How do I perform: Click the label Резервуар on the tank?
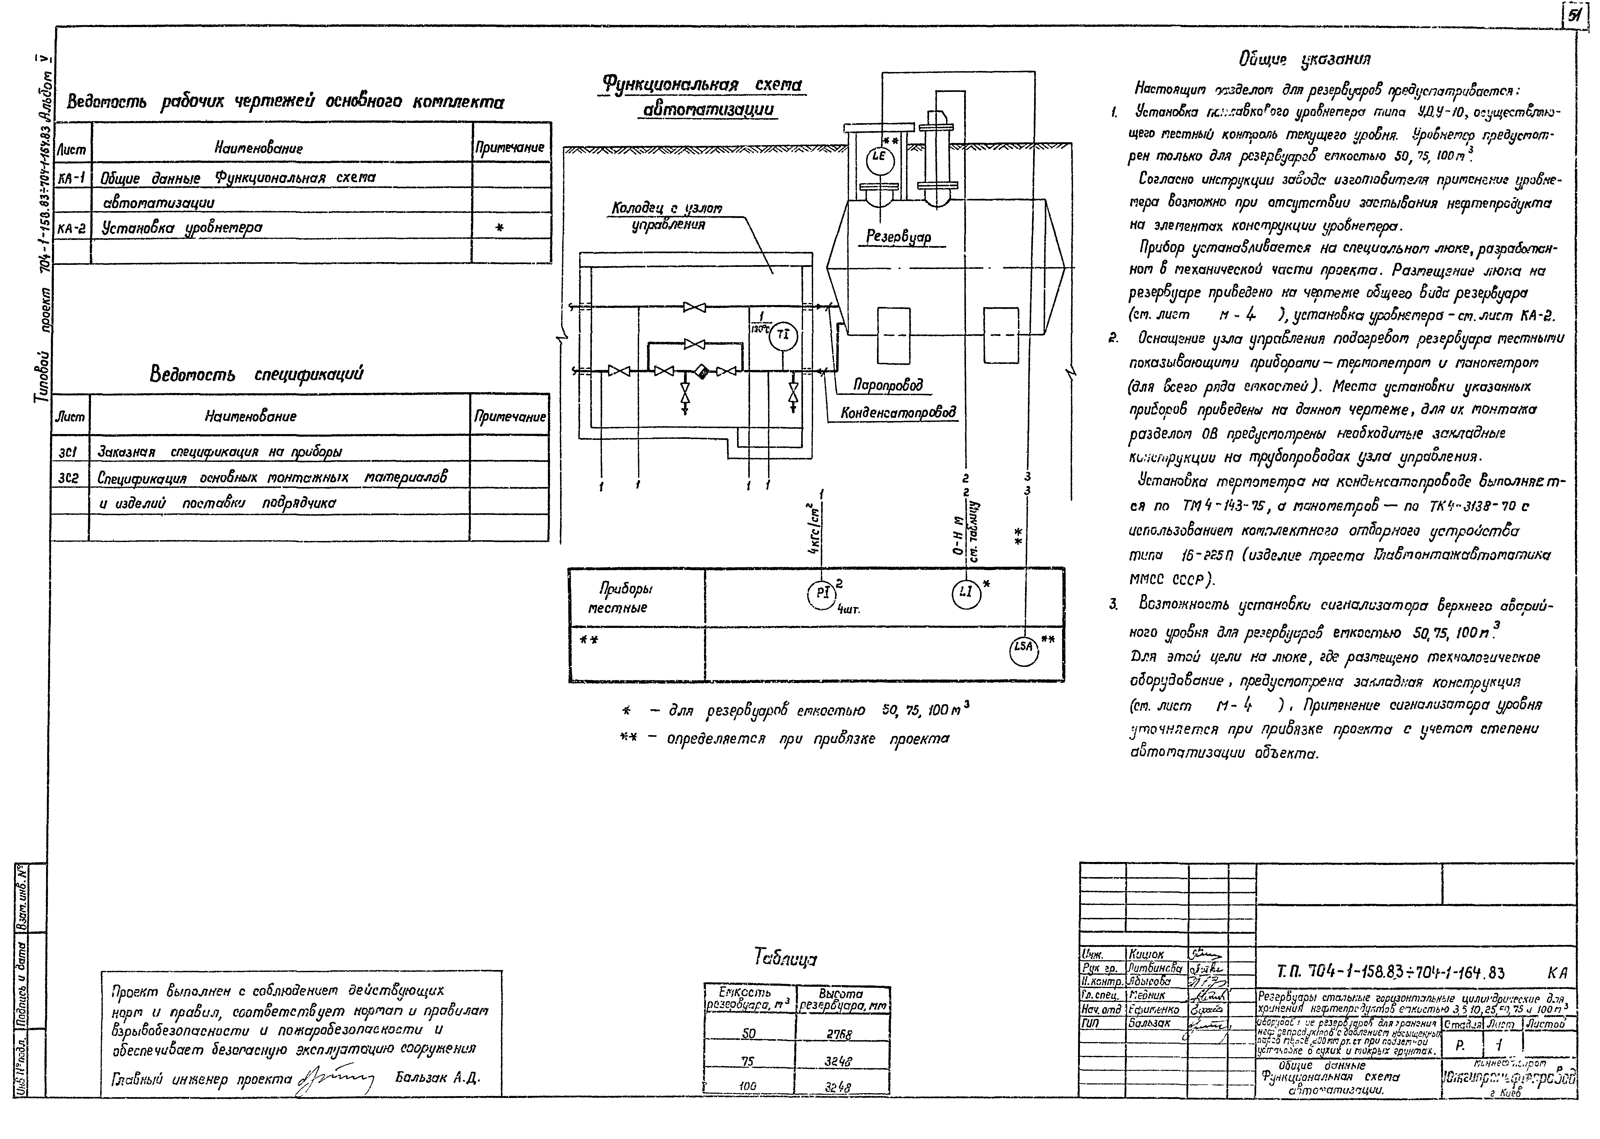click(899, 237)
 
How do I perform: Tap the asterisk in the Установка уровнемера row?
click(500, 228)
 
